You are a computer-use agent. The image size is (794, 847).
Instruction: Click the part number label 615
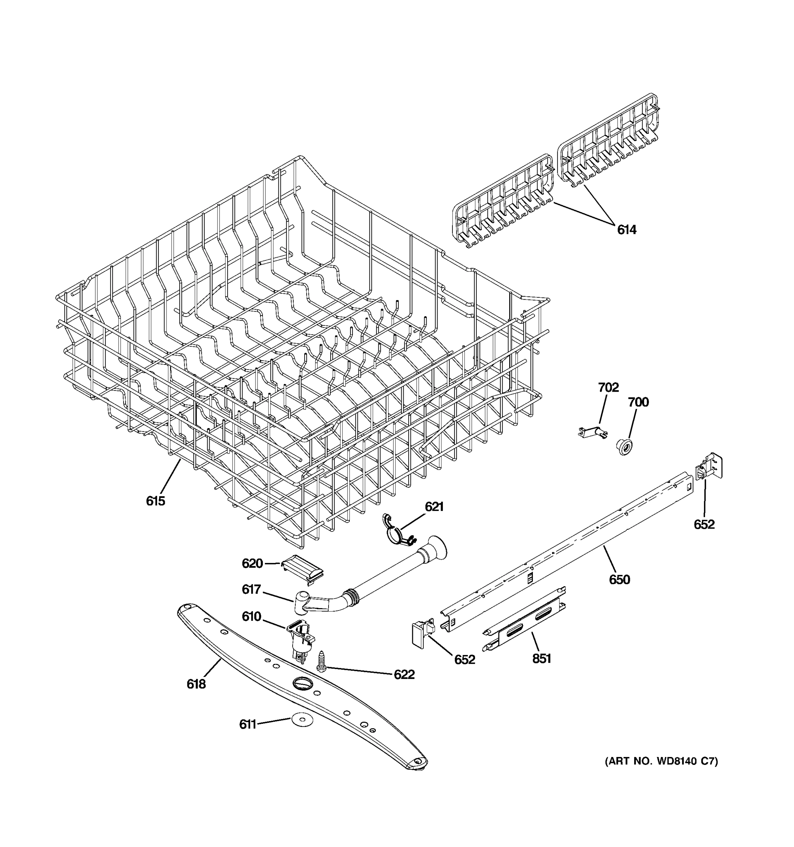[156, 501]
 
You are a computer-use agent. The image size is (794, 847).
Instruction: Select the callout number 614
[627, 230]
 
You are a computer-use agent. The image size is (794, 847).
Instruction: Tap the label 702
[608, 387]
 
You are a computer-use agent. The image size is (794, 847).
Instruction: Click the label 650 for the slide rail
[619, 579]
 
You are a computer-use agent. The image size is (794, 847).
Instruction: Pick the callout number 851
[541, 659]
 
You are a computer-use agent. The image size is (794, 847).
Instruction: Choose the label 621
[434, 506]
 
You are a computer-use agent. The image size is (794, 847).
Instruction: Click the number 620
[252, 564]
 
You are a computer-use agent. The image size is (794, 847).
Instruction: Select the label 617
[251, 589]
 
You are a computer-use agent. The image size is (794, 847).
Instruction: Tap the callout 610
[251, 617]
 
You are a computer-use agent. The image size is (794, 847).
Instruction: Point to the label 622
[404, 674]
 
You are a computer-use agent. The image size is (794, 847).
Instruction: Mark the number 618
[196, 684]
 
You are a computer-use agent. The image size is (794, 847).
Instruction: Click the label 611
[247, 724]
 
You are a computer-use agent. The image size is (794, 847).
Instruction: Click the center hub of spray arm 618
[302, 684]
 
